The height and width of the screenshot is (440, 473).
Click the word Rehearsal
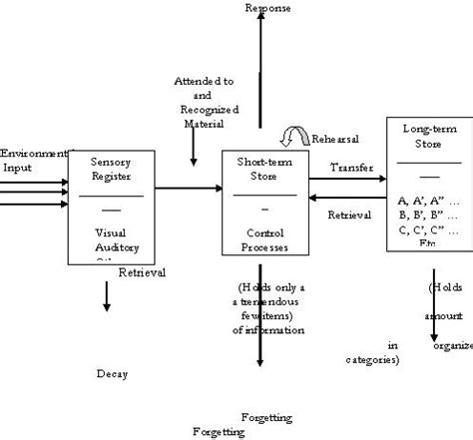[x=335, y=139]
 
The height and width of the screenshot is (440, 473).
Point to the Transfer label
[x=351, y=168]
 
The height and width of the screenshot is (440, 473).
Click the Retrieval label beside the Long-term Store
[x=349, y=214]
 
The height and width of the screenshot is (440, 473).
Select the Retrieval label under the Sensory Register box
[x=141, y=271]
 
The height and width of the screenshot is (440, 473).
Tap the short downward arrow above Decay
[x=106, y=297]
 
